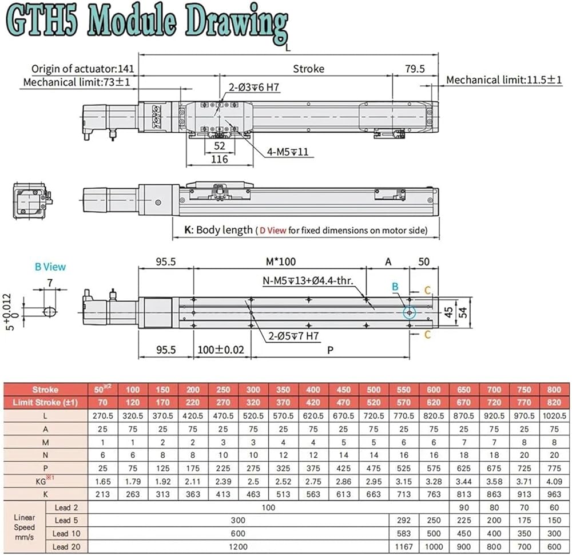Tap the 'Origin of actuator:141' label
click(83, 69)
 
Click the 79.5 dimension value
click(415, 69)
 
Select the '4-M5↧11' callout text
click(288, 152)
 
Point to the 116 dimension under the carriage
click(219, 159)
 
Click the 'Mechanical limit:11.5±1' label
click(504, 80)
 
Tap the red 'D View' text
click(273, 231)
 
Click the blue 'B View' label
click(50, 267)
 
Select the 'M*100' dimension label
click(280, 261)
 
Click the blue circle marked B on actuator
click(410, 313)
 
